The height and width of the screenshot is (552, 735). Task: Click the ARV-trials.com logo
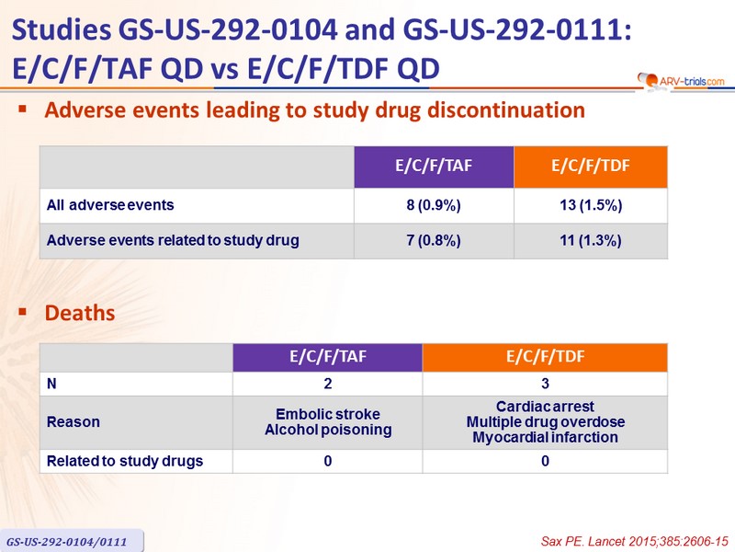[x=681, y=81]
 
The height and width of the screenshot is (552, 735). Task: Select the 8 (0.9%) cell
[x=434, y=205]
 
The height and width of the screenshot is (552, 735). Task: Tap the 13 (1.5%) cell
[x=591, y=205]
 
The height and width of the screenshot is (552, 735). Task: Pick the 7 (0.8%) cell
[x=434, y=241]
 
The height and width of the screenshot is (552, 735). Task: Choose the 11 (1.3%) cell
[x=591, y=241]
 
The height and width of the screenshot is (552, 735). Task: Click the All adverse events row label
[x=110, y=205]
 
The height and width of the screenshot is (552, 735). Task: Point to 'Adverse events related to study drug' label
[x=173, y=240]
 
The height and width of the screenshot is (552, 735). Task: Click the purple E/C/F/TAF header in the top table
[x=434, y=167]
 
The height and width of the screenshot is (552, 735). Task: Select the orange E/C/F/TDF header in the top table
[x=591, y=167]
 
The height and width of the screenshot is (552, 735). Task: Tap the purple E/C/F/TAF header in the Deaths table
[x=328, y=357]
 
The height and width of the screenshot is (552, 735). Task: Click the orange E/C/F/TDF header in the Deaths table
[x=545, y=357]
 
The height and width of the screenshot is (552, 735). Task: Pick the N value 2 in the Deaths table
[x=328, y=384]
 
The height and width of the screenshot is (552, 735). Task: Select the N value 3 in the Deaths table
[x=545, y=384]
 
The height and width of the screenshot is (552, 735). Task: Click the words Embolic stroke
[x=328, y=414]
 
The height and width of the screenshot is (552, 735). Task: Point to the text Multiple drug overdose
[x=545, y=421]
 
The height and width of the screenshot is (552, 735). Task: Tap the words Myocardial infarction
[x=545, y=437]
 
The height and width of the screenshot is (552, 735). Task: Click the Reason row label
[x=73, y=421]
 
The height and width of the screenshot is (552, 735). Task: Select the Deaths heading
[x=80, y=313]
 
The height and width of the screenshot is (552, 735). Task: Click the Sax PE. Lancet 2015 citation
[x=634, y=541]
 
